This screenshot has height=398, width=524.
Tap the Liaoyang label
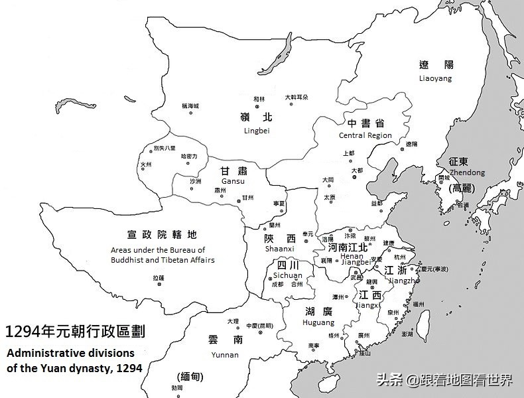(x=435, y=78)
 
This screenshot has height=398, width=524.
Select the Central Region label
(x=365, y=135)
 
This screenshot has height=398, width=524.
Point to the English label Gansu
(x=233, y=181)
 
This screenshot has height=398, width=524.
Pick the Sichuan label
(x=288, y=275)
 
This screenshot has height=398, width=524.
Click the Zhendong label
(x=467, y=172)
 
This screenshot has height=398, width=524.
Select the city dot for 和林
(x=259, y=107)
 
